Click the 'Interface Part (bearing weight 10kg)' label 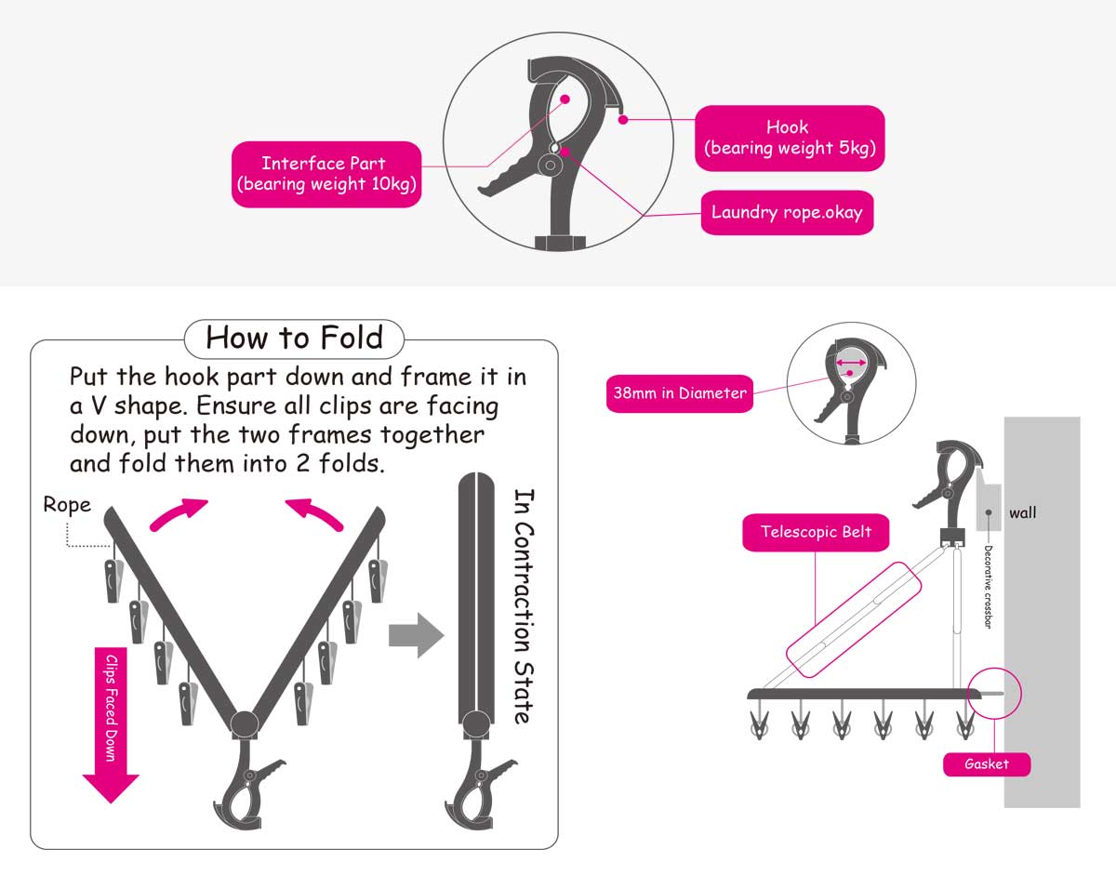[x=326, y=174]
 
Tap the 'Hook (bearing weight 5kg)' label [x=790, y=138]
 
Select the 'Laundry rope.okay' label [x=787, y=213]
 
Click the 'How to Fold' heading [x=294, y=338]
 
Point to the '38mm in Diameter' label [x=679, y=393]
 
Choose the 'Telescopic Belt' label [x=816, y=532]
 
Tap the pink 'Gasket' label [x=987, y=764]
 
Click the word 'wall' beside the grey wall [x=1022, y=513]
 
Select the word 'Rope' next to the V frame [x=67, y=505]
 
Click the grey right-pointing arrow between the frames [x=417, y=635]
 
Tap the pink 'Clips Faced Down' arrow [x=111, y=724]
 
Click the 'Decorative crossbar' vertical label [x=989, y=587]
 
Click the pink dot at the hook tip [x=623, y=120]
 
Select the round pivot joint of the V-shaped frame [x=245, y=724]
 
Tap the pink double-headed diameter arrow [x=851, y=363]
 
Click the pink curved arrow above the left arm [x=178, y=513]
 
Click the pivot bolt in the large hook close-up [x=551, y=166]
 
